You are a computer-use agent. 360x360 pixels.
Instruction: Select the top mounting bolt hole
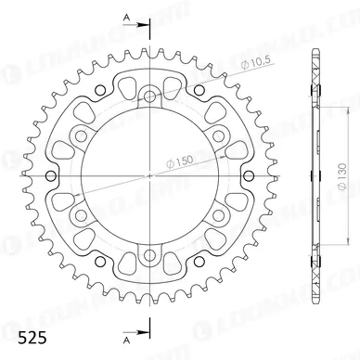[x=149, y=95]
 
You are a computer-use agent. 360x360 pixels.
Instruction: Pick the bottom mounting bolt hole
[x=149, y=256]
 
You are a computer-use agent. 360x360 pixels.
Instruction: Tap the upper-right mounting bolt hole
[x=219, y=135]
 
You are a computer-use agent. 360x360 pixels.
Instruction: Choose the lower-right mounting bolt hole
[x=219, y=215]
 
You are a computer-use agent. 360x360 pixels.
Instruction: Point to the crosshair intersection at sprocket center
[x=149, y=175]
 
